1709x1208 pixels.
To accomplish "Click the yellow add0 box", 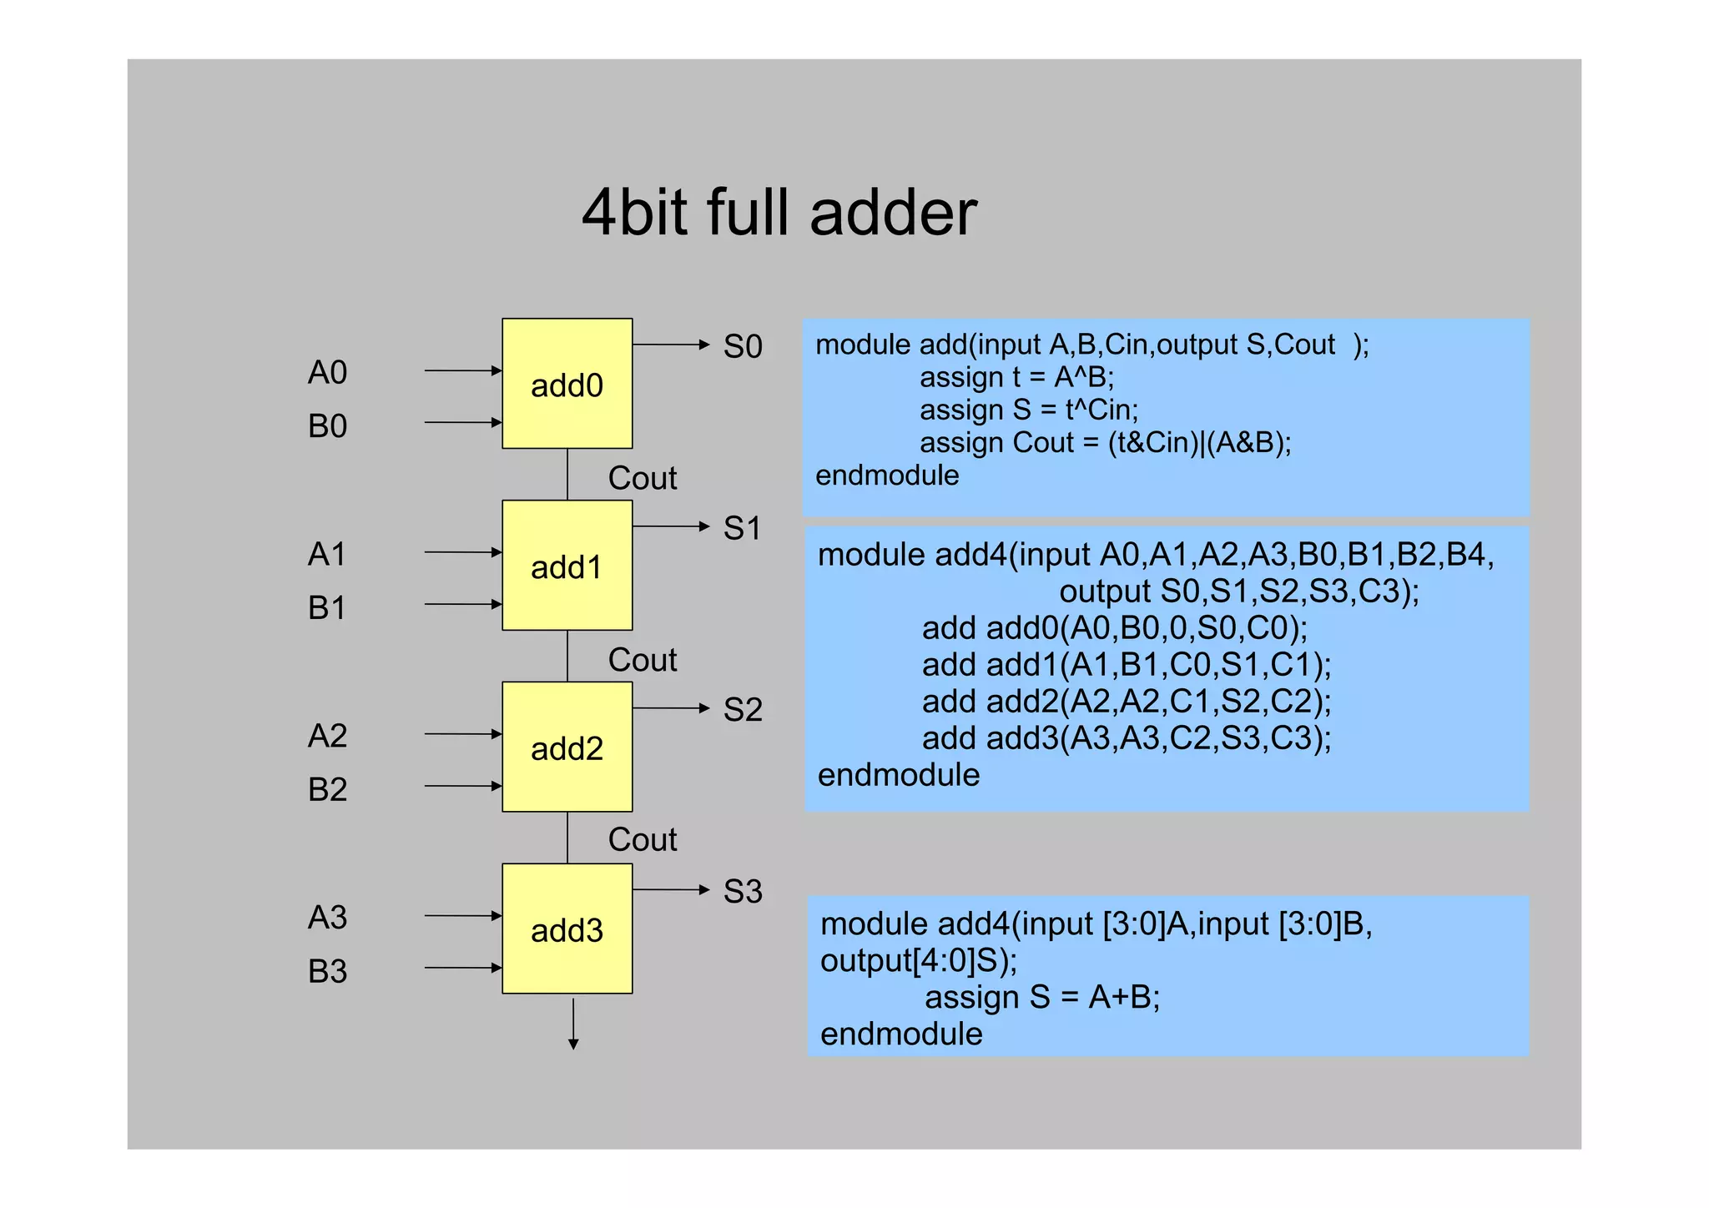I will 567,384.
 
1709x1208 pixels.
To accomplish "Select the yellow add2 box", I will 567,747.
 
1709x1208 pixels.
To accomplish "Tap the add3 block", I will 567,929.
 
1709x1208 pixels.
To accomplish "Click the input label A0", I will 327,372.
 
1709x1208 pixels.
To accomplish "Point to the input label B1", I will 326,607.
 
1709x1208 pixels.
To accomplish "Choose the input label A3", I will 327,917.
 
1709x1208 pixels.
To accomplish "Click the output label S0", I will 742,346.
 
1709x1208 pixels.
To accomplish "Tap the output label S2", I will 742,710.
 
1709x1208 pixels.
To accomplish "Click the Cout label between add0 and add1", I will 642,478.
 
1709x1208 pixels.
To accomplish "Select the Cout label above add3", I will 642,839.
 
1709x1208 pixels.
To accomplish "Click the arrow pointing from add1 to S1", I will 670,526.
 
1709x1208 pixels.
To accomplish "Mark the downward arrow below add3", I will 573,1024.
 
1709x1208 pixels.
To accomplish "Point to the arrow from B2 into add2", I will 462,786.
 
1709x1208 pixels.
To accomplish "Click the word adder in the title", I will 893,213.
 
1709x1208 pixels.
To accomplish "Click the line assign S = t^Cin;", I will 1028,410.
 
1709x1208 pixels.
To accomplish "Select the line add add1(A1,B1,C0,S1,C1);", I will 1126,665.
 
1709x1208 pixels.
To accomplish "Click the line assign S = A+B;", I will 1041,997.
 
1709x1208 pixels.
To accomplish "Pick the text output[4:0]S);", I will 918,960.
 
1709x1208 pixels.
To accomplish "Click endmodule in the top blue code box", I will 886,476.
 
